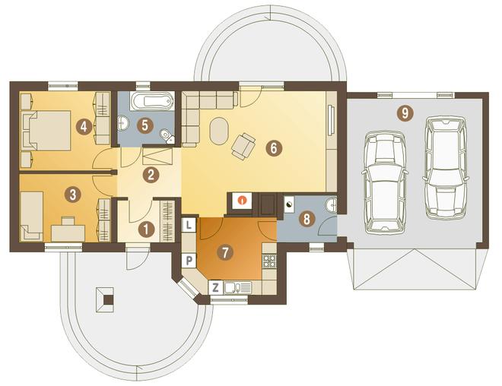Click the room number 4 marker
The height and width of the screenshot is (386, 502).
coord(84,127)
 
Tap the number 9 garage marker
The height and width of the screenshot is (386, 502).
coord(405,113)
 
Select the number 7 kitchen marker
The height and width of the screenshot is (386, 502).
coord(225,252)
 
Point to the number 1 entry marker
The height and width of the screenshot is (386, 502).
coord(146,229)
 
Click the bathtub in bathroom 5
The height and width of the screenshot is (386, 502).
coord(152,101)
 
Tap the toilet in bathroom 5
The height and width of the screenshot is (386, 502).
coord(167,136)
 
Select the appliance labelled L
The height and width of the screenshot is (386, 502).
coord(189,225)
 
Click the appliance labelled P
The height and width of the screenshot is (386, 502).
coord(189,261)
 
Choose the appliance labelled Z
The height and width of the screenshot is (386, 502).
coord(216,287)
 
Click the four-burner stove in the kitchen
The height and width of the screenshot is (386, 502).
coord(269,261)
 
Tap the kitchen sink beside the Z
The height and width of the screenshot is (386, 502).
coord(238,288)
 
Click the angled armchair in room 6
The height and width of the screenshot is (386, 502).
coord(243,146)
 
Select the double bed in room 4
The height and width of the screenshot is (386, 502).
coord(46,130)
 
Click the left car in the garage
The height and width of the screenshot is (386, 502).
coord(385,182)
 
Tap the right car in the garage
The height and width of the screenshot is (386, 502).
coord(445,167)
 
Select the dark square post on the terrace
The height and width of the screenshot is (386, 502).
coord(109,299)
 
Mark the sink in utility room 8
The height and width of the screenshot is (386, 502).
coord(332,204)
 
